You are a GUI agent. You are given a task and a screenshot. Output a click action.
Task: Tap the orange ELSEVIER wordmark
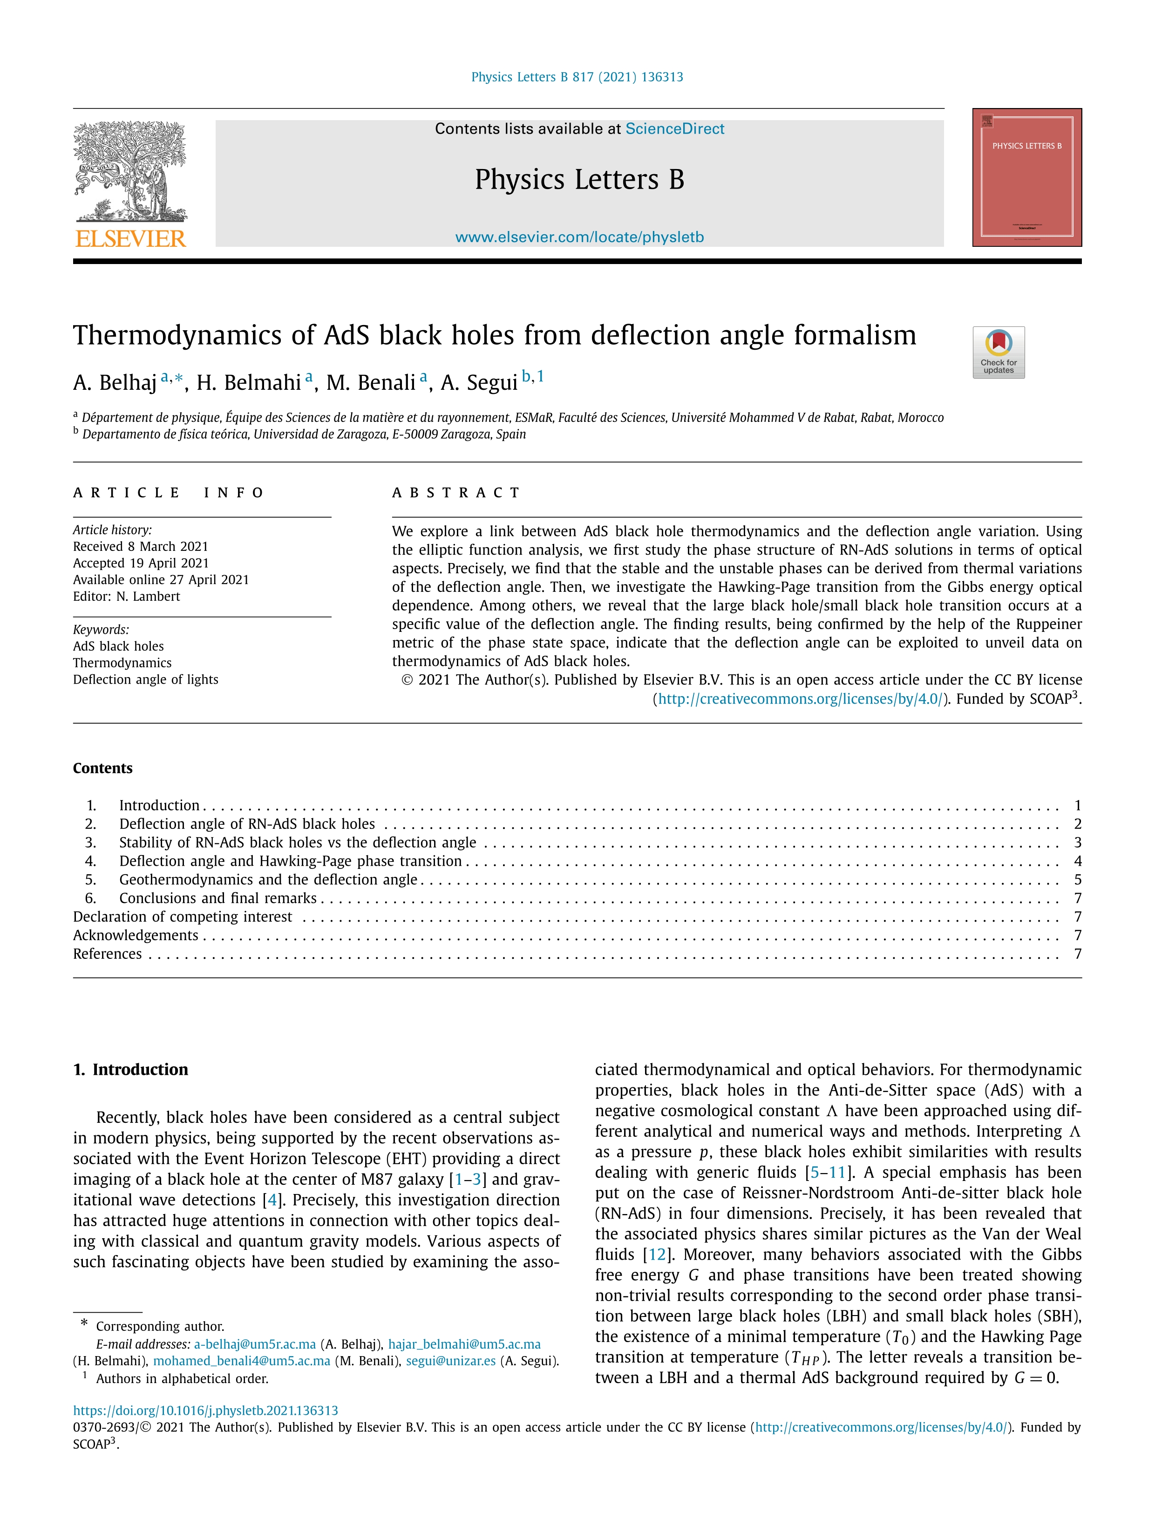point(130,239)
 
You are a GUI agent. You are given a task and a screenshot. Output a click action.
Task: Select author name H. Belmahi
point(249,382)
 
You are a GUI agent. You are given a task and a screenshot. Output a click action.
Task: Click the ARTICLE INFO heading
point(169,493)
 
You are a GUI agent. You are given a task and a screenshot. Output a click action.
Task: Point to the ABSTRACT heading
point(456,493)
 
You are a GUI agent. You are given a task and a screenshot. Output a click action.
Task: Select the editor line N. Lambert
point(127,597)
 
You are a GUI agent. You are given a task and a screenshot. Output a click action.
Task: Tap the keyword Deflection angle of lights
point(145,679)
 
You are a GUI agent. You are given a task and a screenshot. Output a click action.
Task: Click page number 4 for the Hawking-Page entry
point(1077,861)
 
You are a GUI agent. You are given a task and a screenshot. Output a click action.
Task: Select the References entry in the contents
point(107,954)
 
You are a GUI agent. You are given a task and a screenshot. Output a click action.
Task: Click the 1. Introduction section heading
point(130,1069)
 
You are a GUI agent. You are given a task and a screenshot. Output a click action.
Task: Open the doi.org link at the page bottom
point(205,1411)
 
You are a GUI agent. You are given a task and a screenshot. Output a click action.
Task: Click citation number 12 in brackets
point(657,1255)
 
